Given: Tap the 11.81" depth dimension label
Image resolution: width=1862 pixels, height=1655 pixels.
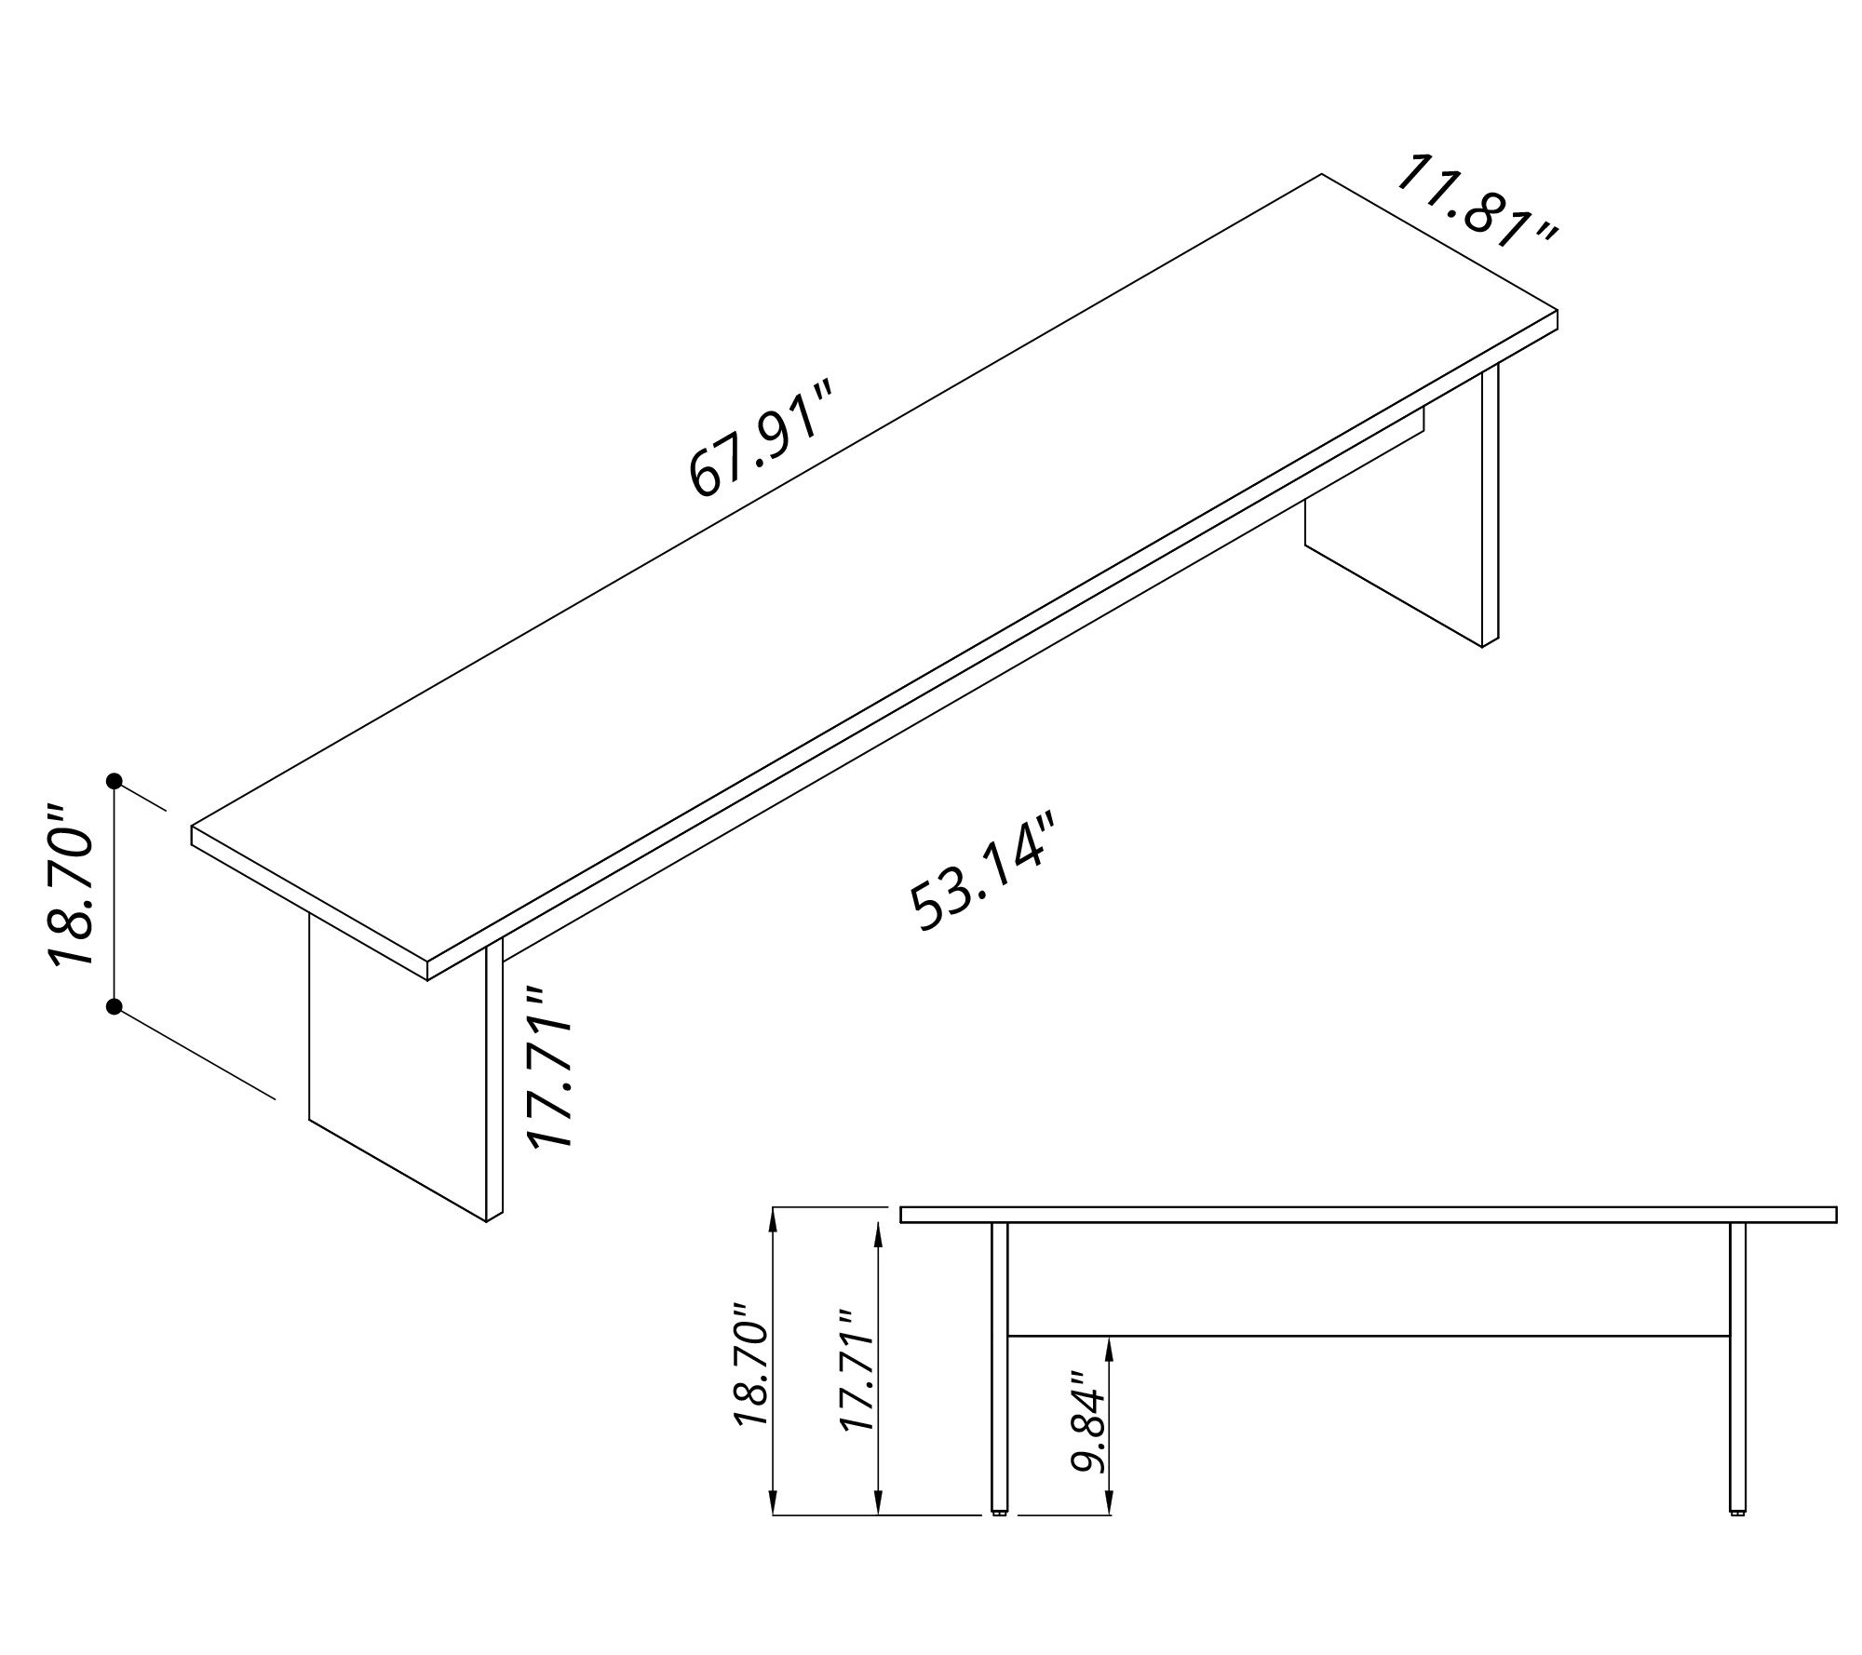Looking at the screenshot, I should click(1476, 214).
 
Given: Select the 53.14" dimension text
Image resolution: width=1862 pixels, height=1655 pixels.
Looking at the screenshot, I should click(985, 871).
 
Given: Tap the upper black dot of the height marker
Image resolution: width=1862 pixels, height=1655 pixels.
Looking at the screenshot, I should click(115, 780).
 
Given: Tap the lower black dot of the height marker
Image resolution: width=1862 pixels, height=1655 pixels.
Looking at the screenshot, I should click(115, 1006).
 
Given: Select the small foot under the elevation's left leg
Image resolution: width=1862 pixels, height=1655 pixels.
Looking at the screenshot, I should click(1000, 1537).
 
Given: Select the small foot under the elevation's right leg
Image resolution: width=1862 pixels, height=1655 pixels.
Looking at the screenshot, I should click(1737, 1537).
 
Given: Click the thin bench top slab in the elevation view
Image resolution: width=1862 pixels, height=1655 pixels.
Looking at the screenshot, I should click(1369, 1214).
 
